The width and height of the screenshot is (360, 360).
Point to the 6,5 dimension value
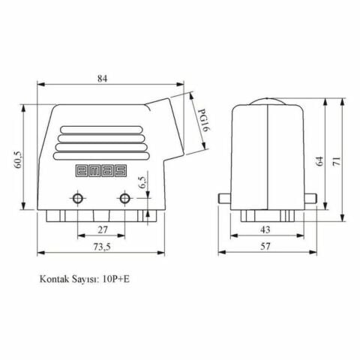coord(142,182)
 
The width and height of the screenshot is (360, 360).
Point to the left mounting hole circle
coord(77,199)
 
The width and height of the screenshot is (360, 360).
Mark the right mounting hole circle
coord(124,199)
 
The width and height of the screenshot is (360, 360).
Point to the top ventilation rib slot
coord(100,129)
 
